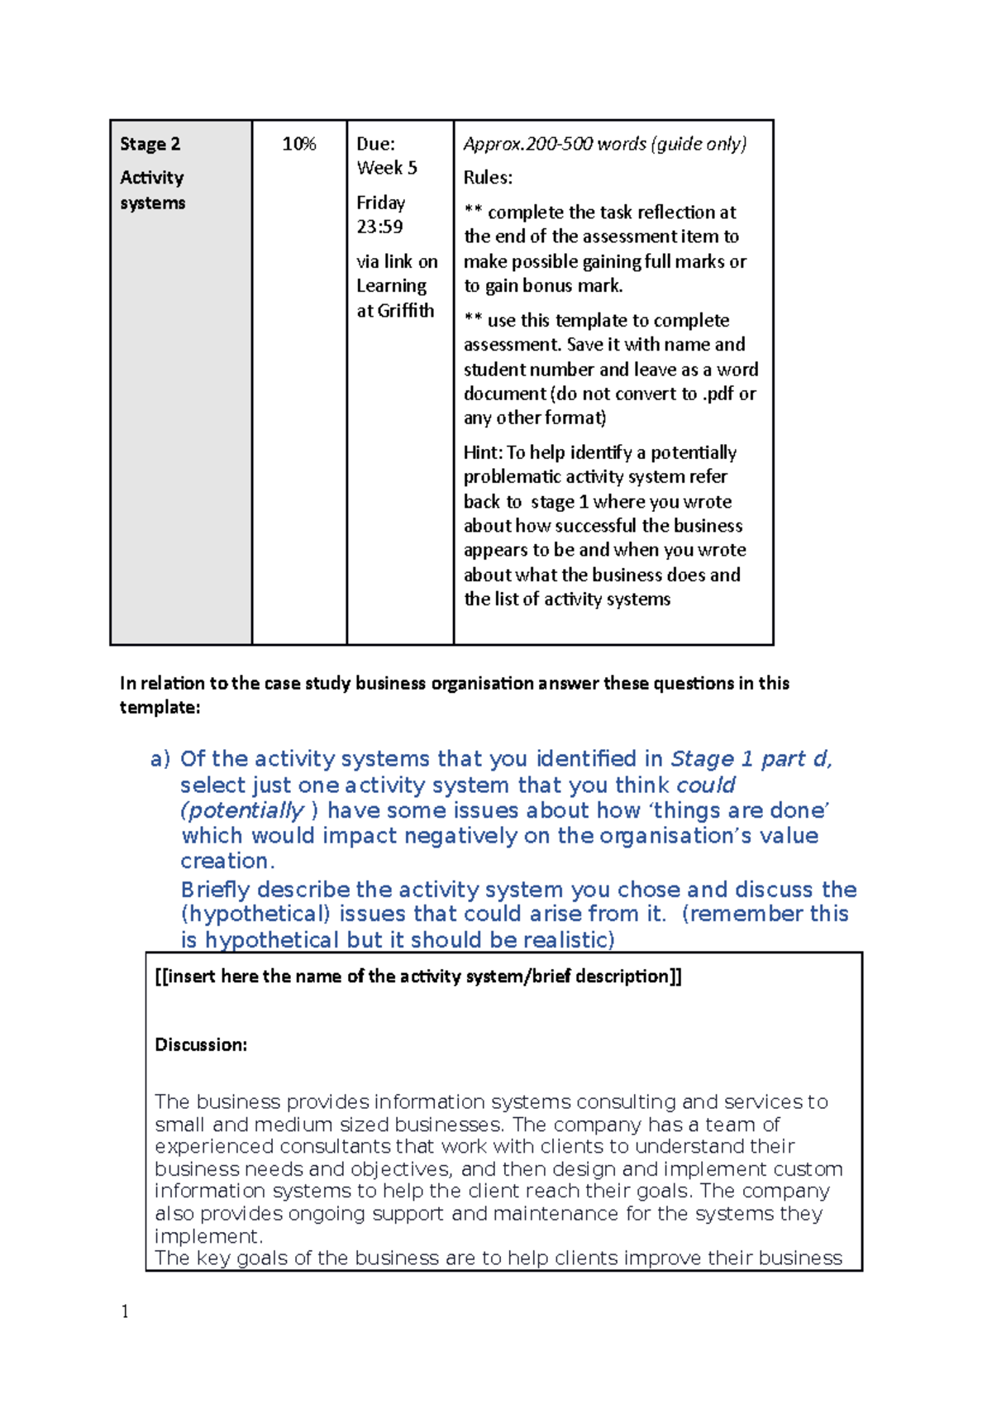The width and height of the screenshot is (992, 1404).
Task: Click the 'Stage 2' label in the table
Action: point(150,144)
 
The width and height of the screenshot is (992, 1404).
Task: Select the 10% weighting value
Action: point(298,144)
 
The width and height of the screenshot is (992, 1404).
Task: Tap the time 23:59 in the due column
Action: point(379,227)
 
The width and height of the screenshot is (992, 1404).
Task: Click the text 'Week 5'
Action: point(387,168)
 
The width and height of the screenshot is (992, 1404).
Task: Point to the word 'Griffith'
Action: point(406,311)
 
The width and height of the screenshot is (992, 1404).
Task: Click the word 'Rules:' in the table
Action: point(488,178)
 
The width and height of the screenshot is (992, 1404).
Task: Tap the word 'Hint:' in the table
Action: point(483,452)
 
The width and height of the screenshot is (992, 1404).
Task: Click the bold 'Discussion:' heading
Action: point(201,1044)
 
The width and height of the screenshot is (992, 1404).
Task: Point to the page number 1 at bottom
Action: point(125,1311)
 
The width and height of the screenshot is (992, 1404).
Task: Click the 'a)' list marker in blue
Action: point(160,759)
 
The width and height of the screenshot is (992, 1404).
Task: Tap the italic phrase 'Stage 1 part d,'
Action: point(751,759)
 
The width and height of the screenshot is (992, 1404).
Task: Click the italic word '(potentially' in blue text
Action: point(242,810)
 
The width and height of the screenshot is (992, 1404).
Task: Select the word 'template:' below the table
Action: point(160,708)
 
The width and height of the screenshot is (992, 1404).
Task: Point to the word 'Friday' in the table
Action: point(380,203)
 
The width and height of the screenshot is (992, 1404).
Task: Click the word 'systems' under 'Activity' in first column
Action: point(152,203)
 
